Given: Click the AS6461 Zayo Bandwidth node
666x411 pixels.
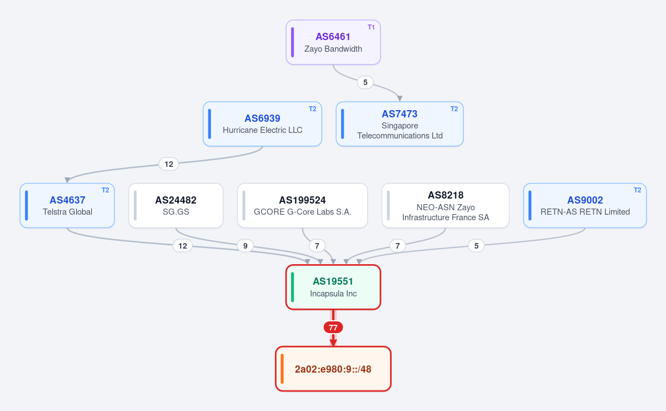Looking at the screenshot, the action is tap(333, 43).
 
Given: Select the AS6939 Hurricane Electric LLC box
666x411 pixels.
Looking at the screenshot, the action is tap(263, 124).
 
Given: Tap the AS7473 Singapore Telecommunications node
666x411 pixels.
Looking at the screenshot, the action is tap(400, 124).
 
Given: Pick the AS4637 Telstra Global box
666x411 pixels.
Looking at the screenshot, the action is tap(67, 206).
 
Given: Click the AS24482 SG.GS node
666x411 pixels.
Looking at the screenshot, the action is tap(176, 206).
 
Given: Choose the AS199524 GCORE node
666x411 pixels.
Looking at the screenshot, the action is tap(302, 206).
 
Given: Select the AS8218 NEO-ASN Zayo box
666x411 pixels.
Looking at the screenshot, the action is tap(445, 206).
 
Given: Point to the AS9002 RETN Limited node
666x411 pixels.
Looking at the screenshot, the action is tap(585, 206).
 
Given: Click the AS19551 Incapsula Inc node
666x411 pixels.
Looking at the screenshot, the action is tap(333, 287).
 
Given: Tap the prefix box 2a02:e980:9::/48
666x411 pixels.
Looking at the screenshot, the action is tap(333, 369).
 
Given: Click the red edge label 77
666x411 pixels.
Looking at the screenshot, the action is tap(333, 328).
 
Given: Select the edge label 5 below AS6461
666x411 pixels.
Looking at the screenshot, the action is tap(365, 82).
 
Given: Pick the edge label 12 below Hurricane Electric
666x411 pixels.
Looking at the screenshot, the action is tap(169, 164).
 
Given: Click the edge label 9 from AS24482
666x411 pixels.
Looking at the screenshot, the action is tap(245, 246).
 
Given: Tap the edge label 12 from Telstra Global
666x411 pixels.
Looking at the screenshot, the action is tap(183, 246).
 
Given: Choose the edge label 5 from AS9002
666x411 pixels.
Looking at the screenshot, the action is tap(477, 246).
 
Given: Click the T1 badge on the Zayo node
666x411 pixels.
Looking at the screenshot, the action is tap(371, 27).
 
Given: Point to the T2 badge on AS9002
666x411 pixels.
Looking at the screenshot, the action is tap(638, 190).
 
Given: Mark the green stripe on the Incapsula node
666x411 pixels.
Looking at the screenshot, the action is tap(292, 287).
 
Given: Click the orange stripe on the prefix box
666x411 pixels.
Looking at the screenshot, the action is tap(282, 369).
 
